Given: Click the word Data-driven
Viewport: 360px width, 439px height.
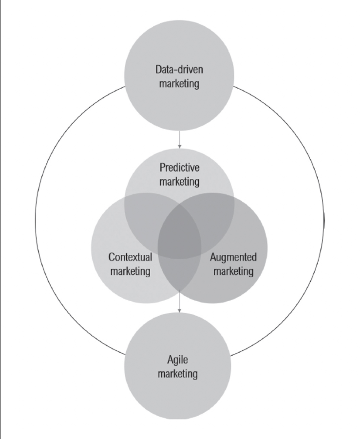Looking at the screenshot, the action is coord(179,69).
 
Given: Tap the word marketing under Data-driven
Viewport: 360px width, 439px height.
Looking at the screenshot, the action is coord(179,84).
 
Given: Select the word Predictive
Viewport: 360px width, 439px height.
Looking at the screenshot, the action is coord(179,168).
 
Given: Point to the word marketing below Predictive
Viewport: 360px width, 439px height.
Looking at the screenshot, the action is coord(179,182).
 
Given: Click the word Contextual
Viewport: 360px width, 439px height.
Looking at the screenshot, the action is coord(130,257).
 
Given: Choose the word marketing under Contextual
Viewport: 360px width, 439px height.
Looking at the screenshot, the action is coord(130,271).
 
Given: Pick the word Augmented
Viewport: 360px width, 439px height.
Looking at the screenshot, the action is coord(233,257).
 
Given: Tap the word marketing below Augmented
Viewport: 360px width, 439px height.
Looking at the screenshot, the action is coord(233,271).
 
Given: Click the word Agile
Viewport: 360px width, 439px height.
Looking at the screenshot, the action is coord(177,360).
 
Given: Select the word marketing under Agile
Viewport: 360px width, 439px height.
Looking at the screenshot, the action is coord(177,374).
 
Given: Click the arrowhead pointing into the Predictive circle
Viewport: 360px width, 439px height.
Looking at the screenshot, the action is coord(179,146).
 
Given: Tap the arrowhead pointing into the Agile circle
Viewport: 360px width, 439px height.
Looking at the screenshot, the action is coord(179,310).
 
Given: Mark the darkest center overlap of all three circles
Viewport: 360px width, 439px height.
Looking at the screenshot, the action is coord(179,235).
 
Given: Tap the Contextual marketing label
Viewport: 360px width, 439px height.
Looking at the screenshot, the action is coord(130,265).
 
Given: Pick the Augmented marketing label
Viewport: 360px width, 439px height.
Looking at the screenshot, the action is coord(233,265).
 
